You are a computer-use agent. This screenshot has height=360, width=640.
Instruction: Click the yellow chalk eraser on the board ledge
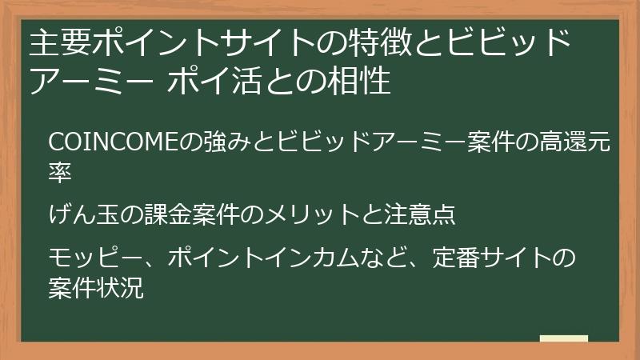point(564,339)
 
